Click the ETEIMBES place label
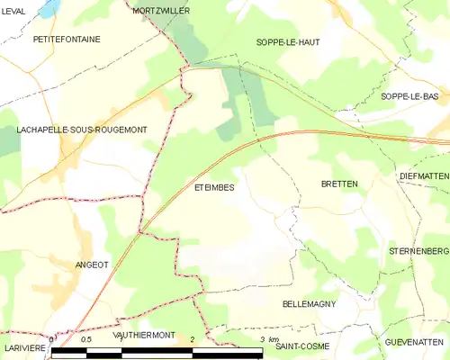coord(214,188)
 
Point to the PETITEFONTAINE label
coord(67,40)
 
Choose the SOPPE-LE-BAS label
coord(409,96)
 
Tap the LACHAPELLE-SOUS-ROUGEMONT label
coord(82,130)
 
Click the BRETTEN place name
coord(339,184)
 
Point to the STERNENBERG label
coord(418,249)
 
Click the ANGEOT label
coord(92,265)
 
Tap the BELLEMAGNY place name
coord(309,304)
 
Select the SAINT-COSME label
coord(302,346)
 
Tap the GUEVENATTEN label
coord(417,342)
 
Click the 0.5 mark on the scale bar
coord(86,340)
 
